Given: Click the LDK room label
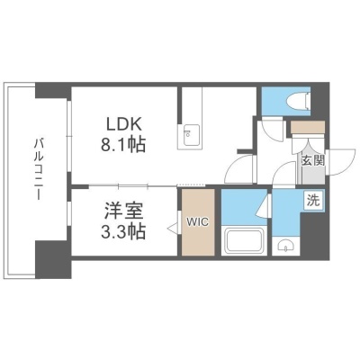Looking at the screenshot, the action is (124, 124).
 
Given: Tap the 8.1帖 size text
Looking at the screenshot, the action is (123, 144).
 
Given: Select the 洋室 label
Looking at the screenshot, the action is (123, 211).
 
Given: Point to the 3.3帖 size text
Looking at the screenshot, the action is (123, 231).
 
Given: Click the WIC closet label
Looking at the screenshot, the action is (197, 222).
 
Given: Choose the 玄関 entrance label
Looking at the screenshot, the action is (313, 161).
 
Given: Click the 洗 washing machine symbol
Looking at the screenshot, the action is (314, 201).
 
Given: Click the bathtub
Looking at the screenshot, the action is (244, 240).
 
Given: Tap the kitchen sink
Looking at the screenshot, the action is (189, 135).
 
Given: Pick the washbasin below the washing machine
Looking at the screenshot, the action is (285, 245).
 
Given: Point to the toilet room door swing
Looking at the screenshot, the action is (273, 130).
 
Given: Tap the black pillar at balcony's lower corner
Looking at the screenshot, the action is (53, 259).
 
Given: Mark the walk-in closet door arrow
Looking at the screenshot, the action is (173, 228).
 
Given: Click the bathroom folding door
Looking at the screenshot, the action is (264, 205).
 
